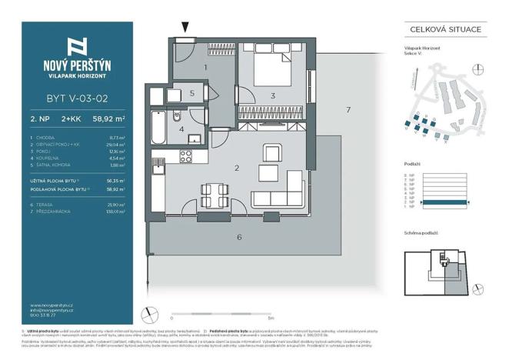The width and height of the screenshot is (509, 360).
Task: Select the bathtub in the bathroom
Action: click(158, 126)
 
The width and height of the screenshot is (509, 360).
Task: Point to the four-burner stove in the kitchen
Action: click(185, 156)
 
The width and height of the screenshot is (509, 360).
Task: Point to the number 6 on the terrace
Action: click(239, 238)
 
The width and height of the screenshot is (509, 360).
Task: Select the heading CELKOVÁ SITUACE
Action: click(442, 29)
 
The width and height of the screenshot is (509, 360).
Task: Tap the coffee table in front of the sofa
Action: click(269, 171)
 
